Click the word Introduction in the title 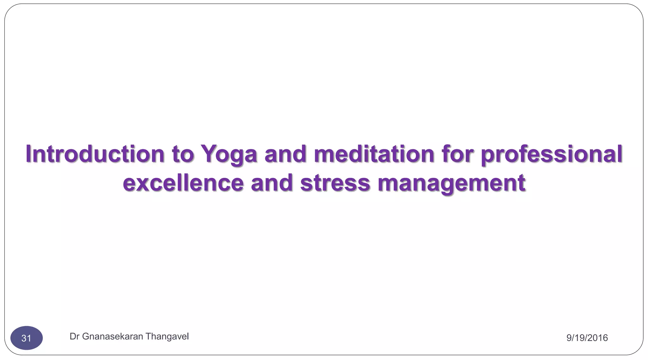[95, 154]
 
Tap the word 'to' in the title [183, 154]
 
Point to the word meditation [374, 154]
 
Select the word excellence [183, 183]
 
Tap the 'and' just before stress [272, 183]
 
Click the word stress [335, 183]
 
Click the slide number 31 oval [27, 338]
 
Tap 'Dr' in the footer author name [74, 336]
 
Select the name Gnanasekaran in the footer [113, 336]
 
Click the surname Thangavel [167, 337]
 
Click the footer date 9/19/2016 [587, 338]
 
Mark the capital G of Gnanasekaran [85, 336]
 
